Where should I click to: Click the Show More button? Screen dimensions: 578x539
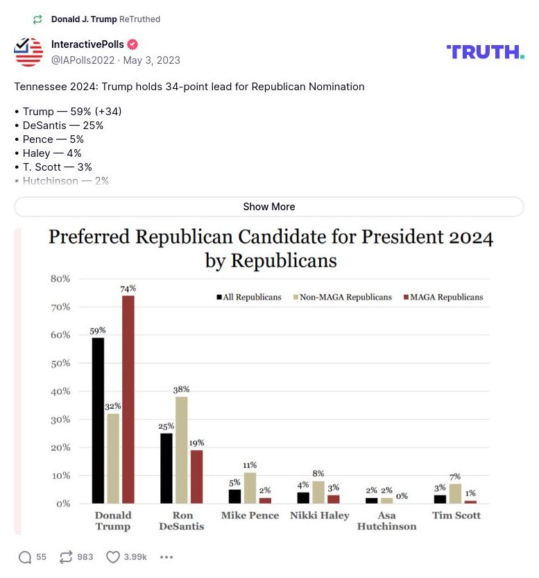tap(268, 207)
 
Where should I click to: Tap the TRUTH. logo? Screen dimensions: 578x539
tap(486, 51)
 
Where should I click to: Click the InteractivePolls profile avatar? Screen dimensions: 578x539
tap(28, 52)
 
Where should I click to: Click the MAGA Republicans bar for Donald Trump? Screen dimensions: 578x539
tap(128, 399)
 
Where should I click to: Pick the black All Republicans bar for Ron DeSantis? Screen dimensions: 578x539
tap(166, 468)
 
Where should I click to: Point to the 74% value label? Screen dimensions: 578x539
tap(128, 288)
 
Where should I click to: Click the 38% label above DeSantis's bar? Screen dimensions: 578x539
tap(181, 390)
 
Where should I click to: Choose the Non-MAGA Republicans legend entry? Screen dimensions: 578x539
tap(343, 297)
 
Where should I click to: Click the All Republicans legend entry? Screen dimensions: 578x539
tap(250, 297)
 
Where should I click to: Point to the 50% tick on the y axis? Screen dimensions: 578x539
tap(60, 363)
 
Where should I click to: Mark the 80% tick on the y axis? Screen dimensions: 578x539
tap(60, 279)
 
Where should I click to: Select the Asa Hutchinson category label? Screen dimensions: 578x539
tap(386, 520)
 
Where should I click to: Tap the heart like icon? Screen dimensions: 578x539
tap(113, 556)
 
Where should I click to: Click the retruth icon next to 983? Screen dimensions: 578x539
tap(66, 556)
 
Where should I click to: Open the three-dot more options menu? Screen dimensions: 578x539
tap(166, 556)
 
